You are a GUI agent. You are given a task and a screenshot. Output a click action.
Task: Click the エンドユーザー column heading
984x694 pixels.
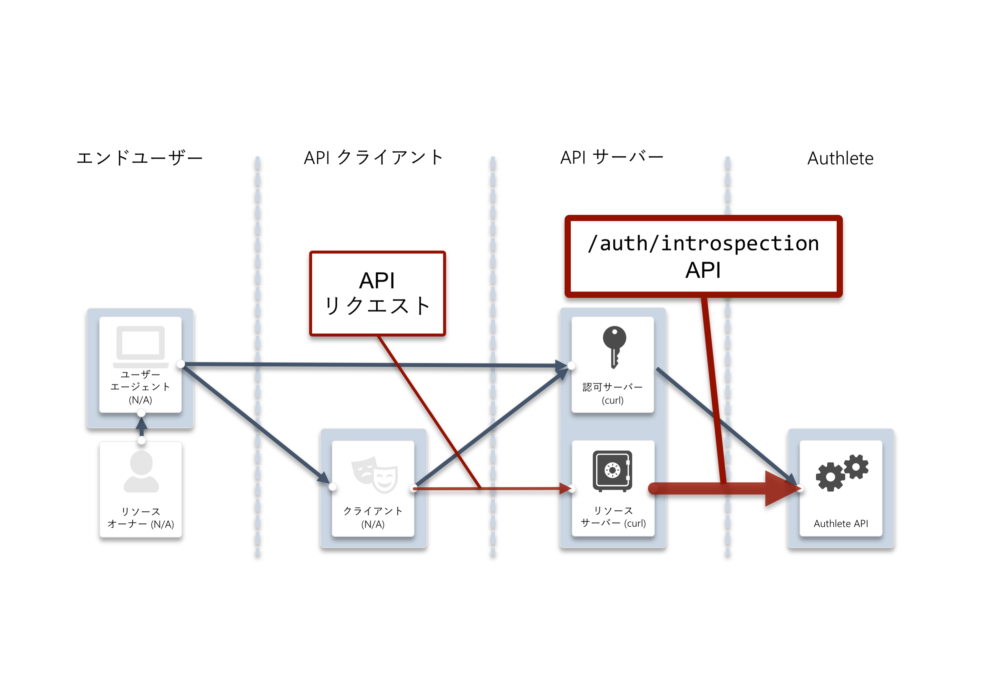[140, 158]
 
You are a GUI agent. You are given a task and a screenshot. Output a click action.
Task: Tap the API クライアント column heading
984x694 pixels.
[373, 157]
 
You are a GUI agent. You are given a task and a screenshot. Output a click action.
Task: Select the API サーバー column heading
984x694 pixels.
[612, 157]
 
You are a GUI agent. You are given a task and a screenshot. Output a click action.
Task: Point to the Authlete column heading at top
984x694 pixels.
[840, 158]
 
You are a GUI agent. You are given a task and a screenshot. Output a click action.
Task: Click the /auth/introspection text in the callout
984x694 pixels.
[703, 243]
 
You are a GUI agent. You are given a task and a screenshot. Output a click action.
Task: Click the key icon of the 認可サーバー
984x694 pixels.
[614, 347]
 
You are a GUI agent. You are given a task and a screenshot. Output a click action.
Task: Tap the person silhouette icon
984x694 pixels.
[141, 471]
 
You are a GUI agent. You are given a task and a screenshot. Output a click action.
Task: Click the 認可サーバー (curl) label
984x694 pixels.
[613, 393]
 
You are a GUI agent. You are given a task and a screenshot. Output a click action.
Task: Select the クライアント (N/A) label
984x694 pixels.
[373, 517]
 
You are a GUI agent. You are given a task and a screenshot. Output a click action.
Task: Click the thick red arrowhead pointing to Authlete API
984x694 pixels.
[783, 488]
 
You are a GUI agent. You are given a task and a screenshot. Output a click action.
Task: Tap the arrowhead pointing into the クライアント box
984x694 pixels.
[325, 478]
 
